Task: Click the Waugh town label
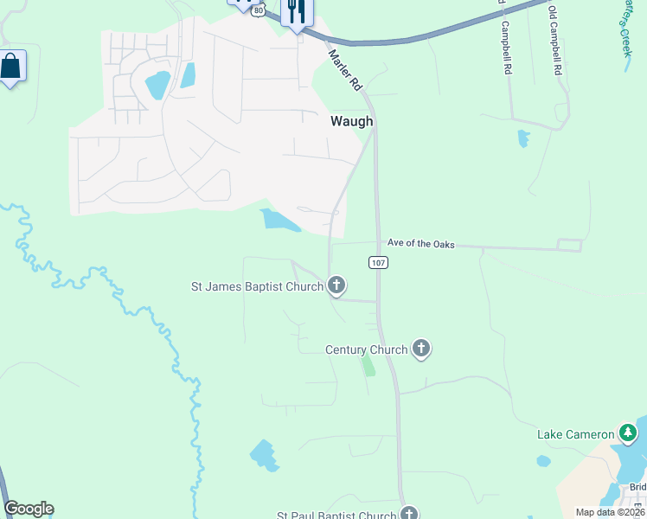pyautogui.click(x=351, y=122)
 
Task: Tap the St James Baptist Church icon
pyautogui.click(x=336, y=285)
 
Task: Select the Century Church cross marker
pyautogui.click(x=421, y=349)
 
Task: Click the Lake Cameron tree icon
pyautogui.click(x=629, y=433)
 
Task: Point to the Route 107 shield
pyautogui.click(x=377, y=262)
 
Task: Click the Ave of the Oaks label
pyautogui.click(x=420, y=244)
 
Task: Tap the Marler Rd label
pyautogui.click(x=343, y=70)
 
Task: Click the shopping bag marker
pyautogui.click(x=10, y=66)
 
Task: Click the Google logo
pyautogui.click(x=29, y=509)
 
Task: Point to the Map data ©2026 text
pyautogui.click(x=610, y=512)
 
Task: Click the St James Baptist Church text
pyautogui.click(x=257, y=285)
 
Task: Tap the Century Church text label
pyautogui.click(x=366, y=349)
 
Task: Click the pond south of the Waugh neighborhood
pyautogui.click(x=280, y=220)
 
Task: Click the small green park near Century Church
pyautogui.click(x=368, y=365)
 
